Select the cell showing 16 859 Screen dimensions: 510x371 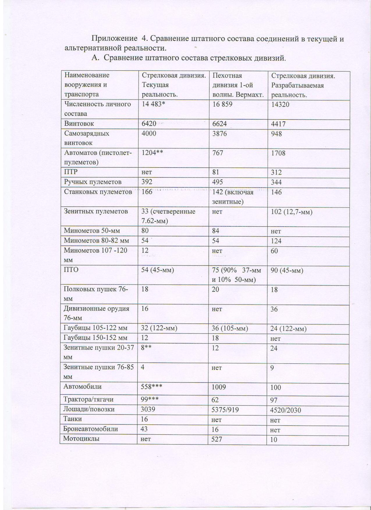223,104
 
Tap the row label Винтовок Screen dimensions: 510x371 79,123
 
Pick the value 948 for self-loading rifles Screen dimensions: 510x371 277,134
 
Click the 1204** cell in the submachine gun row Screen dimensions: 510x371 152,153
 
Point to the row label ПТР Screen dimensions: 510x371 71,172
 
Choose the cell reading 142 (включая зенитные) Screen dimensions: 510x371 233,197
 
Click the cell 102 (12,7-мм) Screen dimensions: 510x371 292,212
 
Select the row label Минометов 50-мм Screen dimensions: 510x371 92,231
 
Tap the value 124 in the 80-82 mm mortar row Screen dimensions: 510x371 276,241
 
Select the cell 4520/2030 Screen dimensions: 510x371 285,410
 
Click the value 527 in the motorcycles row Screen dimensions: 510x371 217,439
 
